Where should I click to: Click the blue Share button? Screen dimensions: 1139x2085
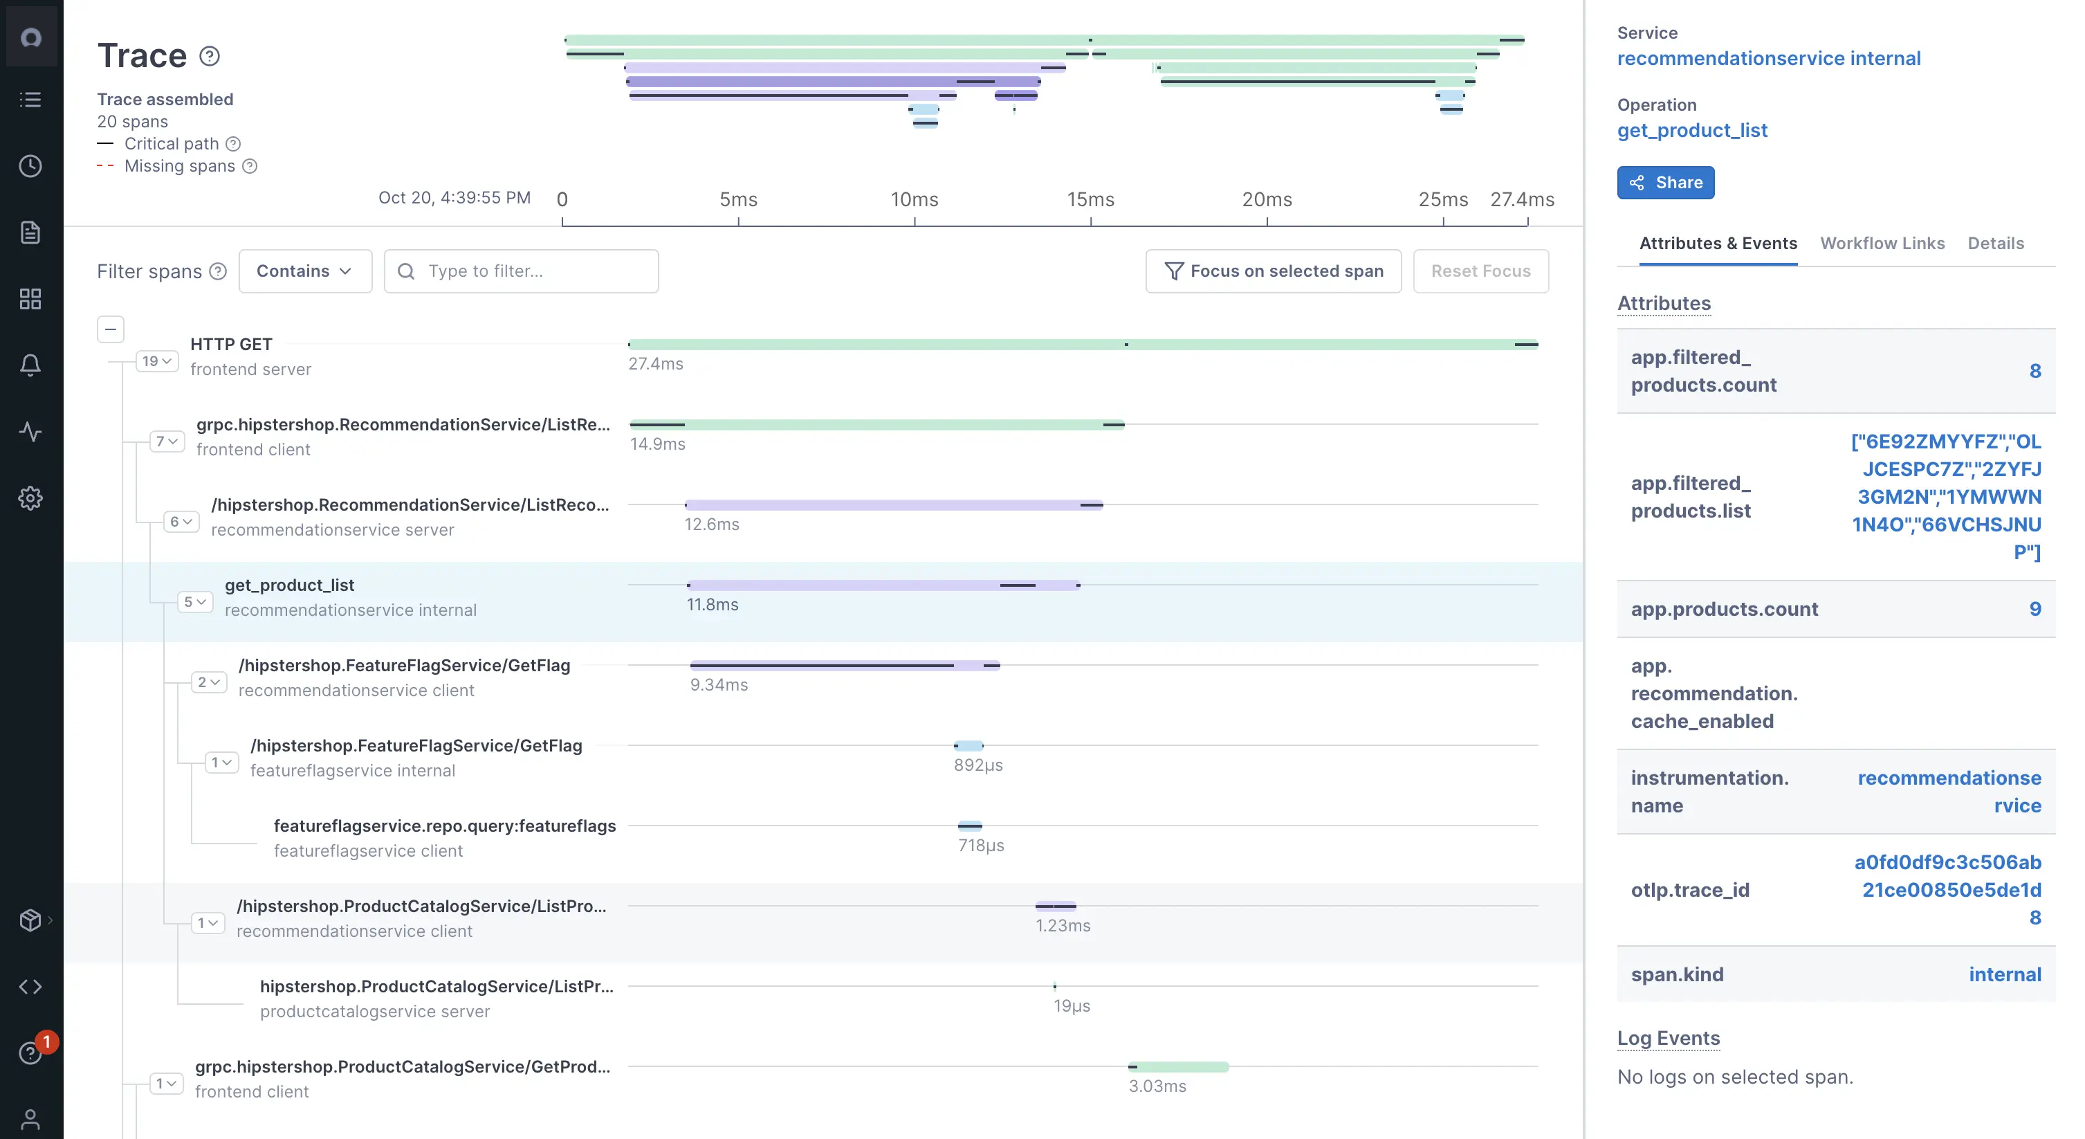[1665, 182]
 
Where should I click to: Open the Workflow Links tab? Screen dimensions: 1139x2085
[1882, 243]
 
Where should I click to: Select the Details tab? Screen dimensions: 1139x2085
[1995, 243]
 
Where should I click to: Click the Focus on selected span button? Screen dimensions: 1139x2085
[1273, 271]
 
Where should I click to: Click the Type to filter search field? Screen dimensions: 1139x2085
[522, 271]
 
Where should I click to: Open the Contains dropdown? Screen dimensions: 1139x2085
[305, 271]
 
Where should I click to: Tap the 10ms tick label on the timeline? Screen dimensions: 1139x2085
[914, 199]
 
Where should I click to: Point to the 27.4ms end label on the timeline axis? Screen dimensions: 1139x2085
[1522, 199]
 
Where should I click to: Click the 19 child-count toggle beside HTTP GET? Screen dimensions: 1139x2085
[157, 361]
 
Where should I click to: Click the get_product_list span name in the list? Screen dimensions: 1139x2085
[289, 585]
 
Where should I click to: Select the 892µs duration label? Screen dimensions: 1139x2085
[977, 765]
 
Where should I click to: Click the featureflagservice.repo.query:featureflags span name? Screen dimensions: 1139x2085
[444, 826]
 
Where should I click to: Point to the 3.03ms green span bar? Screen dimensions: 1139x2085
[1179, 1066]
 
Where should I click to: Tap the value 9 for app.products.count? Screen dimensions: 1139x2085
[2034, 609]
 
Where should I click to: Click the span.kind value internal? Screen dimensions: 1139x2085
[2004, 974]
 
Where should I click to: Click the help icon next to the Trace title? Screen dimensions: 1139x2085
[210, 56]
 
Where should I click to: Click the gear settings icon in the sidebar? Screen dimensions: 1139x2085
[30, 498]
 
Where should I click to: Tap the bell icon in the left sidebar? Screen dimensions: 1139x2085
[30, 365]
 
